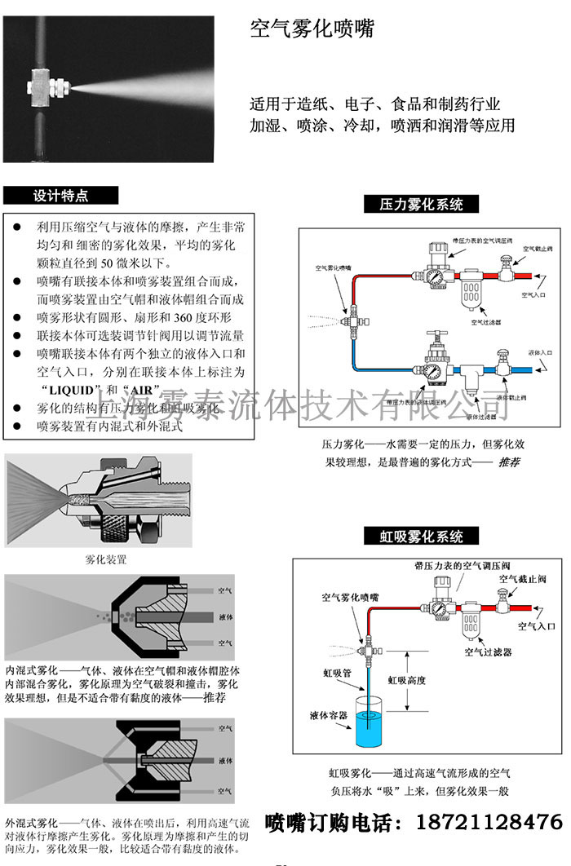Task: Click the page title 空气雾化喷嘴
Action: [312, 31]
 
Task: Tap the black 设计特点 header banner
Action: [61, 196]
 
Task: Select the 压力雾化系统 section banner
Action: [421, 204]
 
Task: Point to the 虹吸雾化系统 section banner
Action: [421, 536]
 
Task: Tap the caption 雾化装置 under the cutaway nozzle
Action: [106, 560]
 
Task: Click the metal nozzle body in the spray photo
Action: [51, 81]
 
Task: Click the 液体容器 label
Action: [328, 715]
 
